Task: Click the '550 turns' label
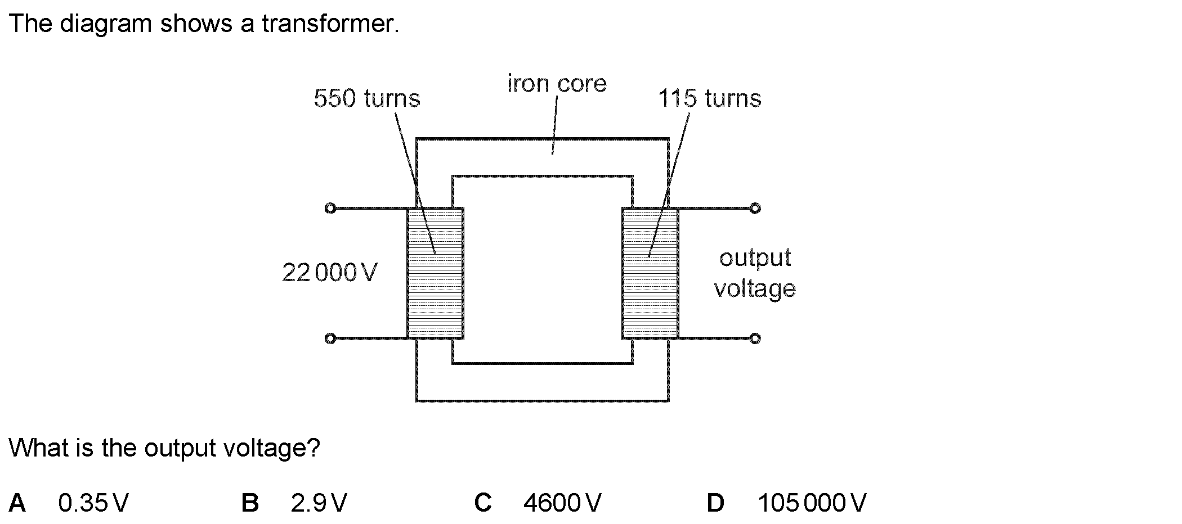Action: click(366, 98)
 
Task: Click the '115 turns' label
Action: click(709, 98)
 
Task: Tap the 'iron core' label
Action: click(557, 84)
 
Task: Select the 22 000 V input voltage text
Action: click(329, 273)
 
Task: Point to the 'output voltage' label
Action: click(755, 273)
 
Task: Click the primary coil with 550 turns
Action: click(435, 274)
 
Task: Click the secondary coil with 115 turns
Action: click(650, 274)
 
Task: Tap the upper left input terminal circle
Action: click(330, 209)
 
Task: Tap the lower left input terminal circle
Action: click(330, 338)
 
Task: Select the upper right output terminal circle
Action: click(755, 209)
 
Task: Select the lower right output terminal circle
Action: click(755, 338)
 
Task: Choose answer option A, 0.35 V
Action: click(93, 503)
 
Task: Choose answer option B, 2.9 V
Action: click(319, 503)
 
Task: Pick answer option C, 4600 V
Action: click(562, 503)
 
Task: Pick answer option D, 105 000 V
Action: click(812, 503)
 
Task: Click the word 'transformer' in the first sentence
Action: click(330, 24)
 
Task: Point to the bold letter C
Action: click(483, 503)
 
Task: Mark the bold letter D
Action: click(715, 503)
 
